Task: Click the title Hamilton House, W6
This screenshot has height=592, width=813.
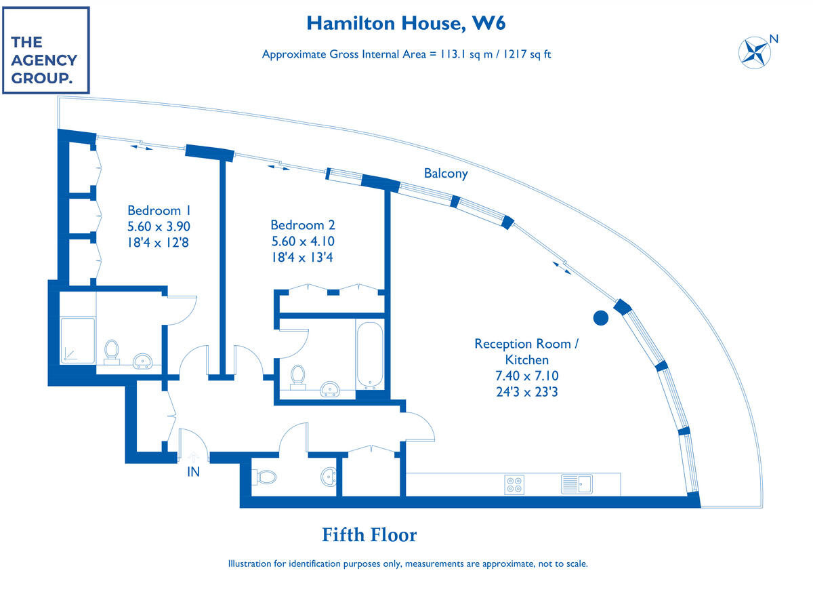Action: (x=406, y=23)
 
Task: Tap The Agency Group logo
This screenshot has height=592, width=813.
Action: (x=46, y=50)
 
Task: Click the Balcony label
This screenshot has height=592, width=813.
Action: (x=446, y=174)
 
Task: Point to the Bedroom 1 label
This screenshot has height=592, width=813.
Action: (x=154, y=210)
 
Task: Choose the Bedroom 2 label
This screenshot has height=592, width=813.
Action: (x=303, y=225)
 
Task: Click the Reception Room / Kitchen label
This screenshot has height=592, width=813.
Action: (x=526, y=351)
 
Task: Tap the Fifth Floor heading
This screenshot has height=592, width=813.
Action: (x=369, y=535)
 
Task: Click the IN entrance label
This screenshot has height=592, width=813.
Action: (x=194, y=472)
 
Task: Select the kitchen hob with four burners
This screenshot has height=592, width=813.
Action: (x=514, y=484)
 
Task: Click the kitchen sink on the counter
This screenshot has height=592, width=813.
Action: (x=577, y=484)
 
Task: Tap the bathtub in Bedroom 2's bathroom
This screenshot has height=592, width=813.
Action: (x=369, y=356)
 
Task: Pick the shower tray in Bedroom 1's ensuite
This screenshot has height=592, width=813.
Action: (x=78, y=340)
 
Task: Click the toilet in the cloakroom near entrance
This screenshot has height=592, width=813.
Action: (x=265, y=477)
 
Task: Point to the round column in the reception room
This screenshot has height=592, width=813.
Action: (x=600, y=317)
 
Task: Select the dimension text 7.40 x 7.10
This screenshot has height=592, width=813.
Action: (x=526, y=376)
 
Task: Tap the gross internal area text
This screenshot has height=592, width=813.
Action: (x=406, y=54)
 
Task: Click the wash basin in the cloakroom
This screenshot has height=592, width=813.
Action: (x=328, y=477)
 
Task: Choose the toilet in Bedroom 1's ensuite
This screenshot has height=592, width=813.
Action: (x=112, y=351)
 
